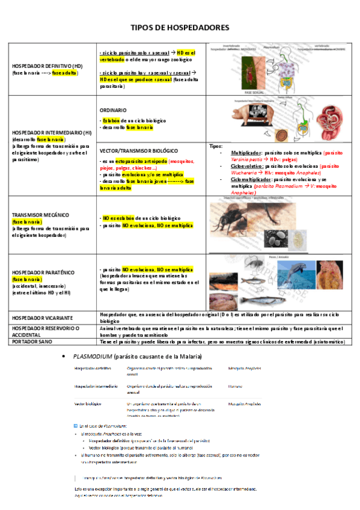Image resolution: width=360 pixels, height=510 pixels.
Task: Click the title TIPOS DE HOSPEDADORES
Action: (180, 28)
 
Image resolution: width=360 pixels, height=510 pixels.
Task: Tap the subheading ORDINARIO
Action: (113, 110)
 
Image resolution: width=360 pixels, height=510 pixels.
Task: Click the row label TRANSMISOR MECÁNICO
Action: (40, 215)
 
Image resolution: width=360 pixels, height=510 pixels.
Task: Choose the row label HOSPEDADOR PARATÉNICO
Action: (42, 272)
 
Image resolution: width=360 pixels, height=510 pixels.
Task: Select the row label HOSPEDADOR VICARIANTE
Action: (43, 316)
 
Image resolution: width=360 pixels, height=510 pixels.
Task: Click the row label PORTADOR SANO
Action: (34, 341)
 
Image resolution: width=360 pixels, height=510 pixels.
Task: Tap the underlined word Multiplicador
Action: (246, 153)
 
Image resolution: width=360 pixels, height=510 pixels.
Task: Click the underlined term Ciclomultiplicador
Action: (251, 179)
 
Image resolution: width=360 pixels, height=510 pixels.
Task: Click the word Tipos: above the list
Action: (215, 146)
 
